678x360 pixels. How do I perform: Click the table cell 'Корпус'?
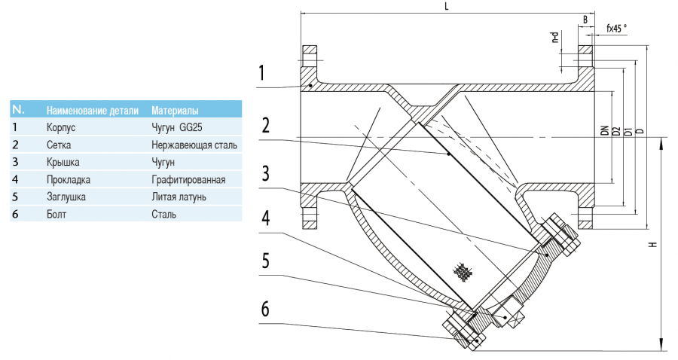click(x=61, y=127)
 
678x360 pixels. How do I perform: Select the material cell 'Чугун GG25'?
click(x=176, y=127)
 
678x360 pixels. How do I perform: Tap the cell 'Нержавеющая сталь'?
click(x=194, y=145)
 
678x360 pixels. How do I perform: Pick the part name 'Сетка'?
click(x=59, y=145)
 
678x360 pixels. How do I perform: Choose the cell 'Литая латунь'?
click(x=179, y=197)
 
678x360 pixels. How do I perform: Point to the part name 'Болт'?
click(x=56, y=215)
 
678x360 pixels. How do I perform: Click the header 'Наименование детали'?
click(x=92, y=110)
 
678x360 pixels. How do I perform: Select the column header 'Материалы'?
click(x=175, y=110)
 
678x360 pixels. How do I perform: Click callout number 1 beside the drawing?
click(x=261, y=74)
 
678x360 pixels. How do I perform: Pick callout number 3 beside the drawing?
click(x=265, y=173)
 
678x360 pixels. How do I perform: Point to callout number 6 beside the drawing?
click(x=265, y=309)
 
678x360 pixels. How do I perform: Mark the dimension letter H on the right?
click(x=653, y=243)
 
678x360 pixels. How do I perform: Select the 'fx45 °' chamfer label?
click(x=616, y=28)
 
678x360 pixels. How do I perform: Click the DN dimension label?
click(x=604, y=130)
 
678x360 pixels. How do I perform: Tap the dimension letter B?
click(x=585, y=18)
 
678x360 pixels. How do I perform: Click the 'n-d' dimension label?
click(x=555, y=38)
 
